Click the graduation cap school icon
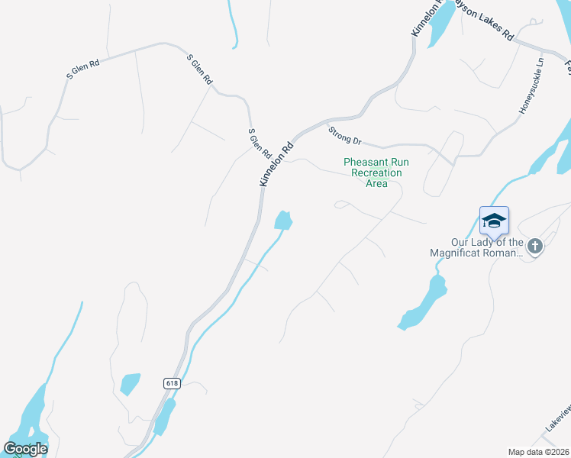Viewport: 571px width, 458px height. click(x=494, y=221)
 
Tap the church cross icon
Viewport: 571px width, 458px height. click(x=534, y=246)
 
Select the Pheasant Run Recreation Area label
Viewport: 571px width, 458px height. click(x=376, y=173)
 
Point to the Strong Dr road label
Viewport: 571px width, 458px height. click(x=344, y=136)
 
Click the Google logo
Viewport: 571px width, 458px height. click(x=25, y=449)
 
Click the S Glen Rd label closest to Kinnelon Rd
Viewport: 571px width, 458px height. click(x=260, y=144)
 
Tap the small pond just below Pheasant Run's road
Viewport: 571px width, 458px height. click(x=283, y=220)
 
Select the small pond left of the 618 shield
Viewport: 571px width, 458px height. click(x=131, y=383)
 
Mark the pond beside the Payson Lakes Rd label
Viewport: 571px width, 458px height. click(x=443, y=27)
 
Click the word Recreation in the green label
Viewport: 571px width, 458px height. click(x=376, y=173)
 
